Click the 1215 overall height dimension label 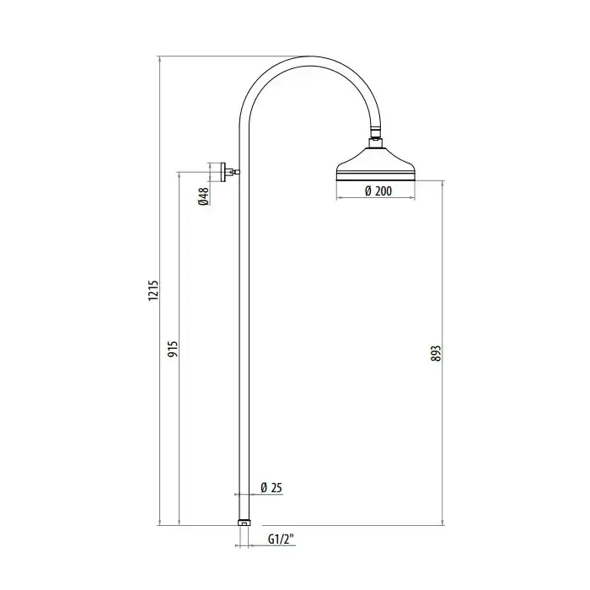pos(153,291)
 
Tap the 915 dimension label pos(173,349)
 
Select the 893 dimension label pos(436,354)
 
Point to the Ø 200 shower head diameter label pos(378,191)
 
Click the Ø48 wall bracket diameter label pos(203,196)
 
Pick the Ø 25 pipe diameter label pos(271,488)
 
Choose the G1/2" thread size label pos(281,539)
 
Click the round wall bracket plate pos(223,172)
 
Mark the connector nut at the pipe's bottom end pos(244,523)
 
